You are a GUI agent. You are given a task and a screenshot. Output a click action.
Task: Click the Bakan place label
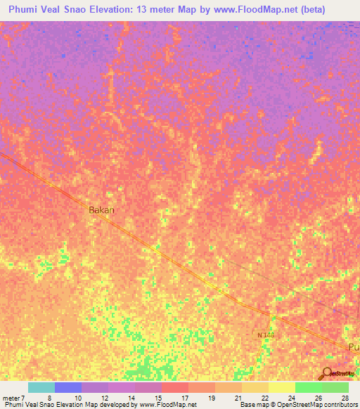pyautogui.click(x=101, y=209)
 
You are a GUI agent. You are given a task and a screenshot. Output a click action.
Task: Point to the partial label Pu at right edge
pyautogui.click(x=354, y=348)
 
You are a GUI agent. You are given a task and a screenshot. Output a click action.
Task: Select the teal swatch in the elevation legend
pyautogui.click(x=41, y=387)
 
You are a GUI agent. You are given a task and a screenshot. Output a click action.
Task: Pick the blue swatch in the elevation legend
pyautogui.click(x=68, y=387)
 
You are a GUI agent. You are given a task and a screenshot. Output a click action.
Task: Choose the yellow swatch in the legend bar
pyautogui.click(x=281, y=387)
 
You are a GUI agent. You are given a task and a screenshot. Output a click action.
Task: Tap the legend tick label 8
pyautogui.click(x=50, y=397)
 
